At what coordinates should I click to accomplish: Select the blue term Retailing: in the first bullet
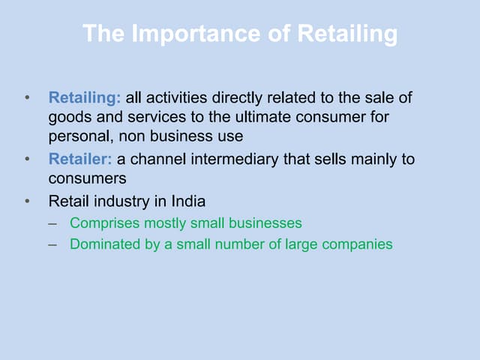coord(84,97)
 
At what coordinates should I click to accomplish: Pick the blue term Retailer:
coord(80,160)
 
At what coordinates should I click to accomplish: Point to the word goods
coord(67,118)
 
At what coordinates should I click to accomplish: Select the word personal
coord(77,137)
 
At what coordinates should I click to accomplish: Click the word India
coord(187,201)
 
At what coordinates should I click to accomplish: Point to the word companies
coord(358,244)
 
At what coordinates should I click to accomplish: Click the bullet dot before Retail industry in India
coord(27,201)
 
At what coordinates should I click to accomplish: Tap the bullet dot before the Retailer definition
coord(27,160)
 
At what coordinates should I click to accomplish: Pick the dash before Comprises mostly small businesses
coord(52,223)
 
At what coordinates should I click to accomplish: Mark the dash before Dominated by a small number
coord(52,244)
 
